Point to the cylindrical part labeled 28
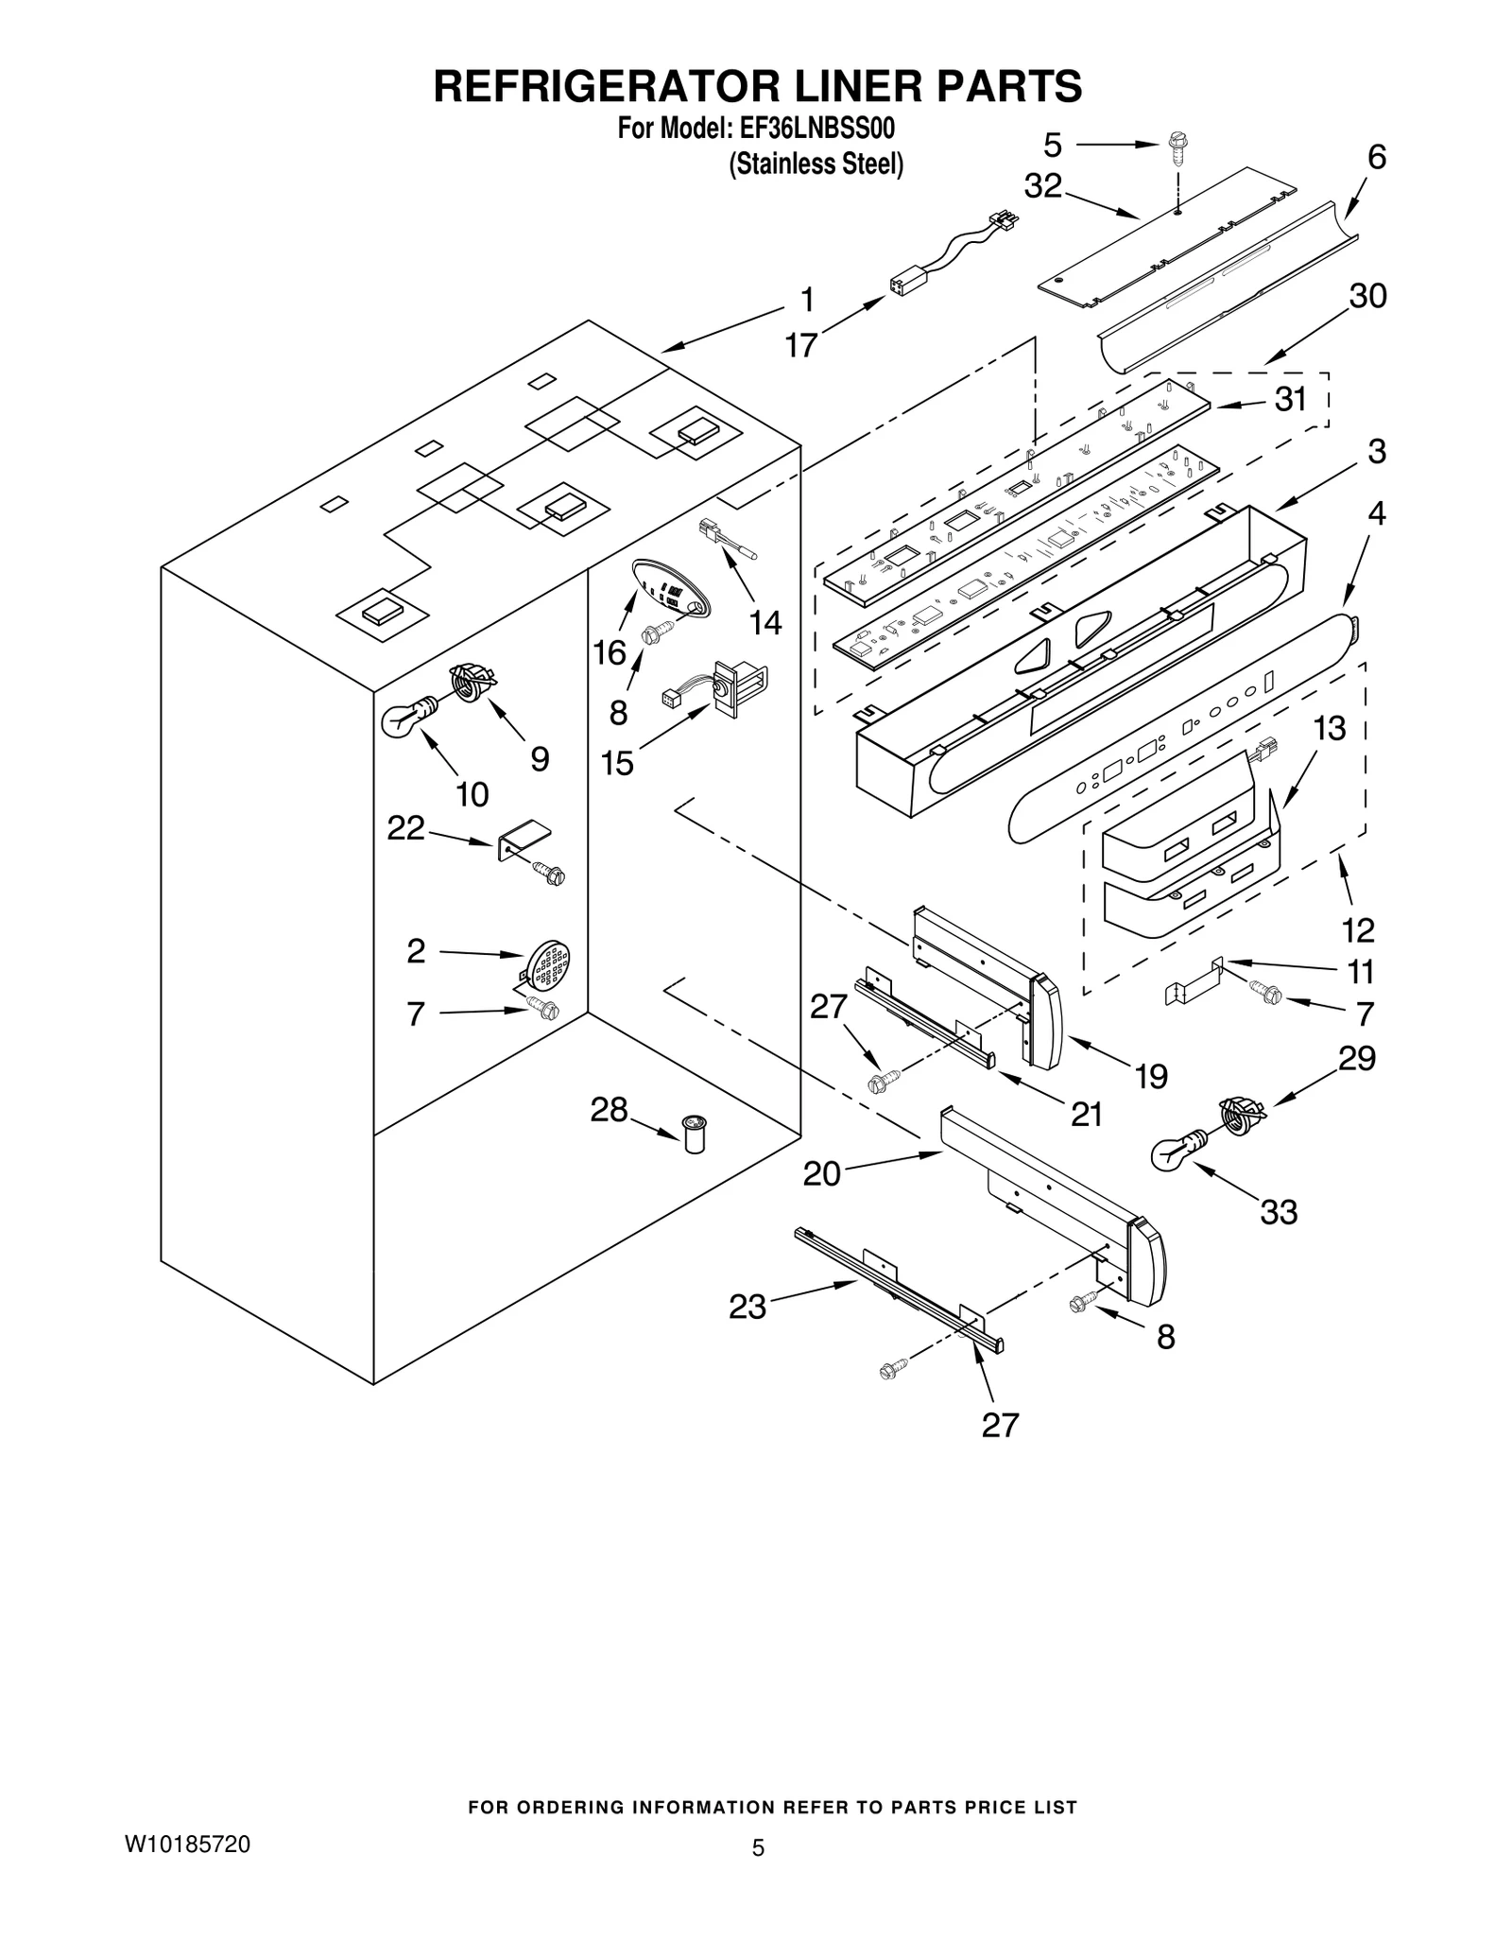[x=696, y=1133]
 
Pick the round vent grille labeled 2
[x=549, y=965]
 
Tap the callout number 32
[x=1043, y=186]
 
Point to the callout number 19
[x=1151, y=1076]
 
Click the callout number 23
[x=747, y=1307]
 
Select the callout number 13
[x=1329, y=728]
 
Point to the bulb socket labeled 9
[x=472, y=681]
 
